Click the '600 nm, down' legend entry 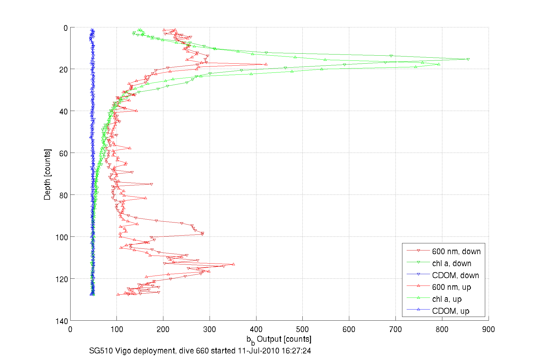(456, 251)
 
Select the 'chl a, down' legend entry (451, 263)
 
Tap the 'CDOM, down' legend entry (455, 275)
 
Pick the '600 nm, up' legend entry (451, 287)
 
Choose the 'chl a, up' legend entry (447, 299)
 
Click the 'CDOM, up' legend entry (450, 311)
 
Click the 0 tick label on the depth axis (66, 28)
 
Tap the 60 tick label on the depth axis (63, 153)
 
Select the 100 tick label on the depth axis (62, 237)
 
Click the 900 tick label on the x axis (488, 329)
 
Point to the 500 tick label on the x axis (302, 329)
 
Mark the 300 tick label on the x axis (210, 329)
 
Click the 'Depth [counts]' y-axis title (47, 174)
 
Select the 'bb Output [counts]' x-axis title (279, 339)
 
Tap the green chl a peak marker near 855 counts (468, 59)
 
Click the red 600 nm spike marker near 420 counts (266, 64)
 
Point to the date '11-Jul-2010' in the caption (258, 351)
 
